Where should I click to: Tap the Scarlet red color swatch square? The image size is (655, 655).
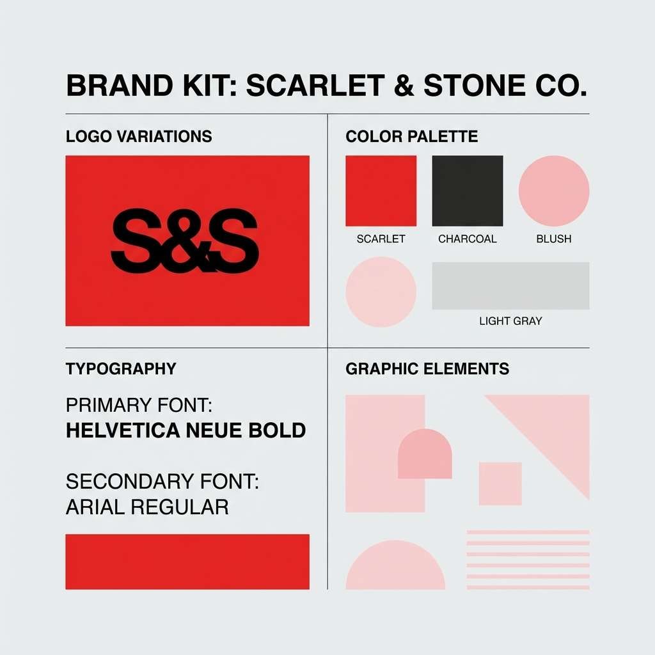pyautogui.click(x=381, y=191)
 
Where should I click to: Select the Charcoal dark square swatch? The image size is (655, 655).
pyautogui.click(x=468, y=191)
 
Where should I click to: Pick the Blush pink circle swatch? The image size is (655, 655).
pyautogui.click(x=554, y=191)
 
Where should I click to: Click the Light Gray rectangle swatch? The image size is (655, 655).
pyautogui.click(x=510, y=286)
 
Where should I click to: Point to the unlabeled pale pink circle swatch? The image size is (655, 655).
pyautogui.click(x=381, y=292)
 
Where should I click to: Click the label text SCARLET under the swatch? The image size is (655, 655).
pyautogui.click(x=381, y=239)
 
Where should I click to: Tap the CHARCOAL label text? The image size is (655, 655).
pyautogui.click(x=468, y=239)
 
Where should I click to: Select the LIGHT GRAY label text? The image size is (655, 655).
pyautogui.click(x=510, y=321)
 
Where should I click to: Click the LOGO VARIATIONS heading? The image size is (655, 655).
pyautogui.click(x=139, y=136)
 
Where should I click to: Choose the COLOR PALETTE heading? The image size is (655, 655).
pyautogui.click(x=411, y=136)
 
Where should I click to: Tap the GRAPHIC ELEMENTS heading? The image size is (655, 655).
pyautogui.click(x=427, y=369)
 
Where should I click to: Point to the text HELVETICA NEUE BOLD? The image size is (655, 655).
pyautogui.click(x=185, y=430)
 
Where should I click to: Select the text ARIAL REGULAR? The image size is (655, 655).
pyautogui.click(x=147, y=507)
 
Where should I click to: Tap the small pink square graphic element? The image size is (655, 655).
pyautogui.click(x=500, y=484)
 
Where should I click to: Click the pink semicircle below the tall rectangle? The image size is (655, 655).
pyautogui.click(x=395, y=569)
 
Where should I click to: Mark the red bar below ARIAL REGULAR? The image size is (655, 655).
pyautogui.click(x=187, y=562)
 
